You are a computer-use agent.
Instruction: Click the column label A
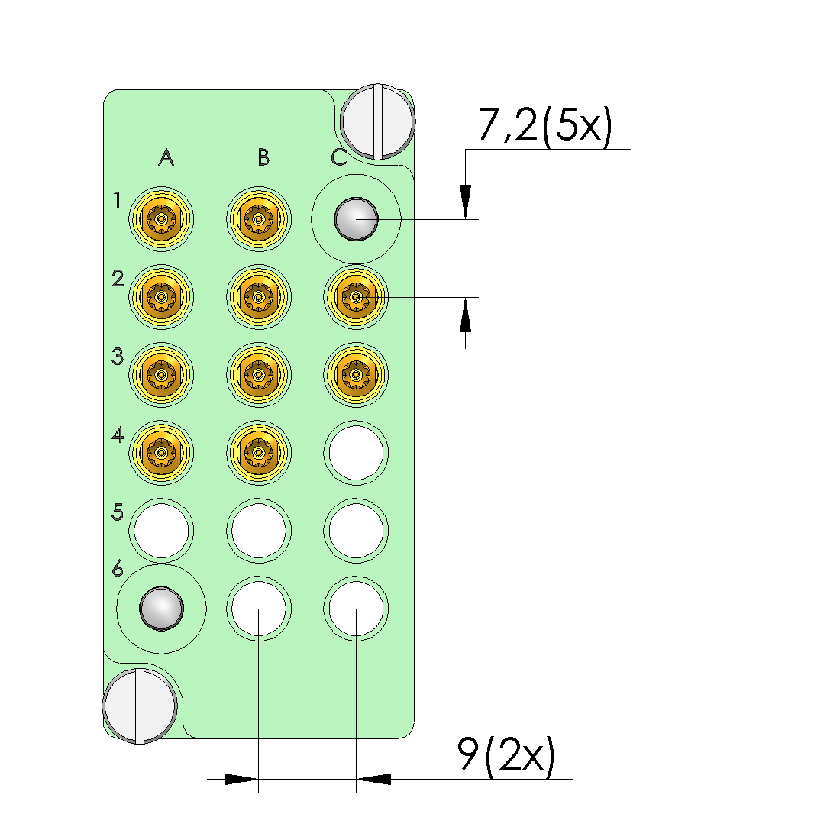coord(166,157)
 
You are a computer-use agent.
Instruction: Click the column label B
coord(263,157)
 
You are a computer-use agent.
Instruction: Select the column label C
coord(339,157)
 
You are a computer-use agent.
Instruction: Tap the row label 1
coord(117,200)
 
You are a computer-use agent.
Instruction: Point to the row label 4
coord(118,434)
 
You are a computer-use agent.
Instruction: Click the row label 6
coord(118,569)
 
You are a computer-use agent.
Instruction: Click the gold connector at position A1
coord(161,219)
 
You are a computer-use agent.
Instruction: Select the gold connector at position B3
coord(258,375)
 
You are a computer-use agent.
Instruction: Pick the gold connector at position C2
coord(356,297)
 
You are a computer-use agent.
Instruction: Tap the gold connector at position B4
coord(258,453)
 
